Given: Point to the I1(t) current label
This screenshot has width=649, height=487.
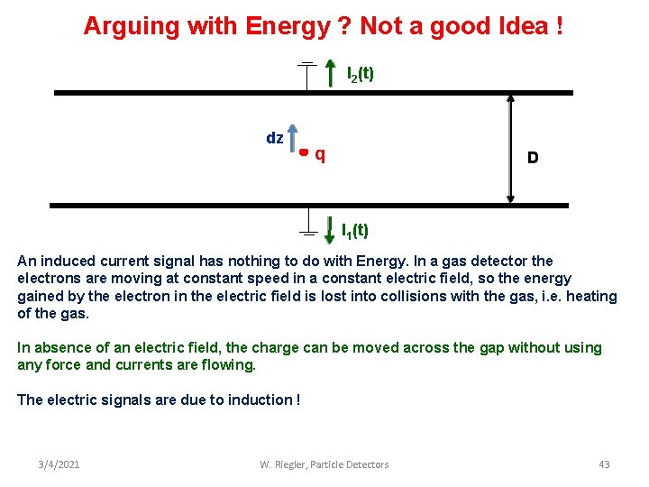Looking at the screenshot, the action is [354, 230].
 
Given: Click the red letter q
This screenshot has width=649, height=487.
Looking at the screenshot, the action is [320, 155].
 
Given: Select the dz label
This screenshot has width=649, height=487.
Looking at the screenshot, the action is [275, 138].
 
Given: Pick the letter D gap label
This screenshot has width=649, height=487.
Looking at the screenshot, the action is [533, 158].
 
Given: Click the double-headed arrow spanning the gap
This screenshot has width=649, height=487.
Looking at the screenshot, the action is [511, 149].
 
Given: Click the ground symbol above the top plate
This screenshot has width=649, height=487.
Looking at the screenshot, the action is [307, 72].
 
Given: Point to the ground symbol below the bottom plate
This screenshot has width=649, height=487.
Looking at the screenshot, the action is [307, 225].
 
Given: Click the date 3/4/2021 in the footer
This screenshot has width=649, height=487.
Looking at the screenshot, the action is [59, 464].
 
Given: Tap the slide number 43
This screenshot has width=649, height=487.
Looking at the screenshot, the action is [604, 464].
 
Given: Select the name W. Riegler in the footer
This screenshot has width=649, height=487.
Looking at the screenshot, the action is [285, 464].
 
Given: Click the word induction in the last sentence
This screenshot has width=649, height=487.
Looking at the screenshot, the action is [258, 400].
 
